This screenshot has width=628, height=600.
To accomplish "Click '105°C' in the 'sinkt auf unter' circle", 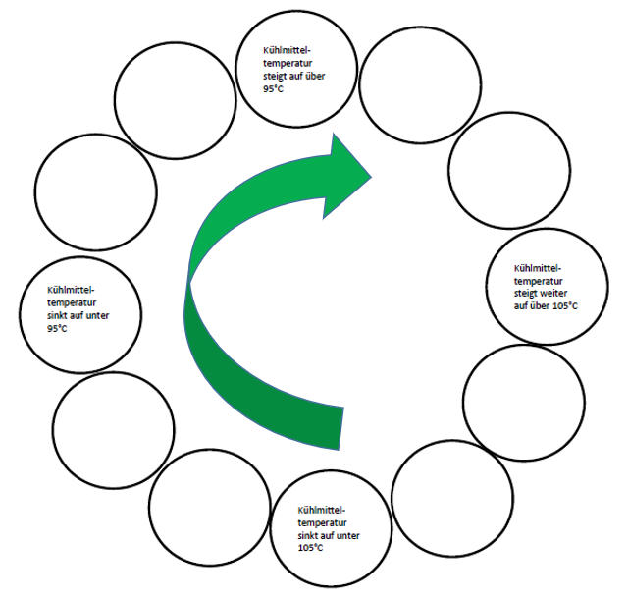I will coord(311,547).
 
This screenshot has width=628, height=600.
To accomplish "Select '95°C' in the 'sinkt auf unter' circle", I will coord(57,328).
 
